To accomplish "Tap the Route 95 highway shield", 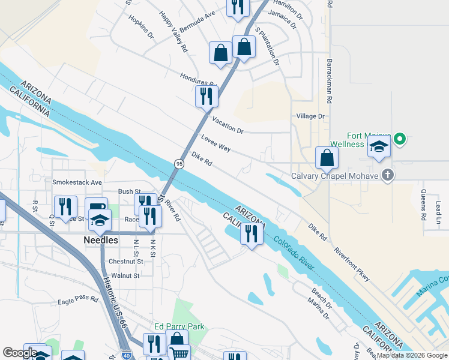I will (179, 164).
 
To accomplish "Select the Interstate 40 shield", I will (125, 355).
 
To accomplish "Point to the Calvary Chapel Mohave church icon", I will (388, 176).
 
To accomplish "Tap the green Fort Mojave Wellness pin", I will (399, 140).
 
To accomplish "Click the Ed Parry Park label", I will (179, 327).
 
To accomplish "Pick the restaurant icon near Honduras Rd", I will (206, 95).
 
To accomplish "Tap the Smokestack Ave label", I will (77, 182).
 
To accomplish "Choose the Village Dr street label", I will (310, 116).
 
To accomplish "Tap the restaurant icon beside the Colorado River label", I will (252, 233).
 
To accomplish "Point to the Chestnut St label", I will (126, 262).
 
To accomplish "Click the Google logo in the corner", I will (20, 353).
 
